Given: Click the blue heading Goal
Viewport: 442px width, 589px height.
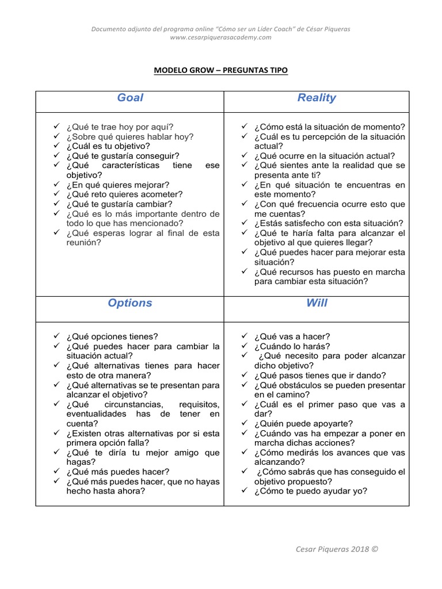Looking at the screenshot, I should pos(130,98).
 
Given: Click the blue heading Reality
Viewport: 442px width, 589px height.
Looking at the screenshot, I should pos(317,98).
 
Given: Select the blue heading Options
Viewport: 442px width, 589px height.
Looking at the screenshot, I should pos(130,303).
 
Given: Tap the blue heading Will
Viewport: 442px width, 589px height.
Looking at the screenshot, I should pos(317,303).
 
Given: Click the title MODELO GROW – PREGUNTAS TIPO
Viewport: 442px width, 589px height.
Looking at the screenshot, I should pos(220,70).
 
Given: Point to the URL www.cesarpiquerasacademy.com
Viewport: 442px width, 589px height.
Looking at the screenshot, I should pos(220,37).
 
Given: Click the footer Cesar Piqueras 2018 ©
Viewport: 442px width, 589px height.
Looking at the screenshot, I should pos(337,549).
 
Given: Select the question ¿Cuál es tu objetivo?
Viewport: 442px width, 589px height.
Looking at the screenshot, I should pos(108,146).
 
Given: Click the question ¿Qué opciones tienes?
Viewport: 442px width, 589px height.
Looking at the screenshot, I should pos(112,336).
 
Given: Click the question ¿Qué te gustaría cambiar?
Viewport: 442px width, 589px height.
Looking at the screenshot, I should pos(119,204).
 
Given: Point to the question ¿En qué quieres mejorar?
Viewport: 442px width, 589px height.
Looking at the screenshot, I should pos(118,185).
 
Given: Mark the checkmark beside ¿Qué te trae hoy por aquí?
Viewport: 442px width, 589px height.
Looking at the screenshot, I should pos(56,127).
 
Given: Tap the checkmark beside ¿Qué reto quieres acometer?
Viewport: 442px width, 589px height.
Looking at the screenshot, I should pos(56,194).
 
